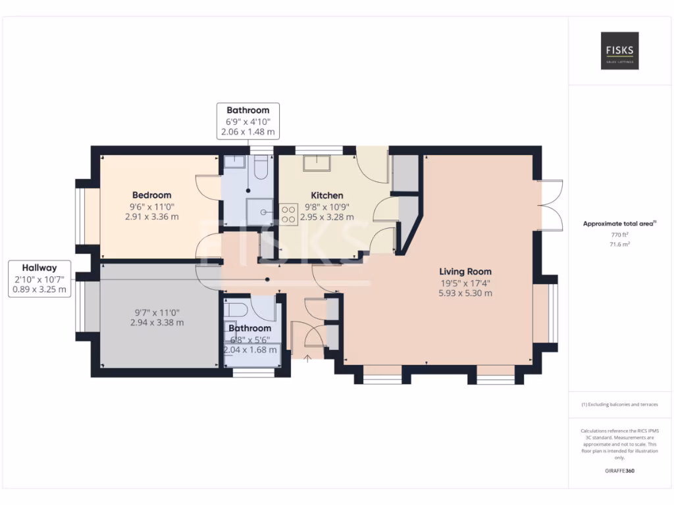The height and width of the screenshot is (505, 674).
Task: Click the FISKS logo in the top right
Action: click(619, 51)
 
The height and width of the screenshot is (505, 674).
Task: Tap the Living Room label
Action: click(465, 272)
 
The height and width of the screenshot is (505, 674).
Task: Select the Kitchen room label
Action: click(326, 195)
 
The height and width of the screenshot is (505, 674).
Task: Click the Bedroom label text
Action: click(151, 195)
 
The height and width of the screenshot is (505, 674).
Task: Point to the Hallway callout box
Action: click(39, 278)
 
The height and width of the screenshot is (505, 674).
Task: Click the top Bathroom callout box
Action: click(248, 121)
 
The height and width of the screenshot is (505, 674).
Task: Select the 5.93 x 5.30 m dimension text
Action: click(465, 293)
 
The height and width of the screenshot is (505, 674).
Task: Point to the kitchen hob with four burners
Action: click(288, 214)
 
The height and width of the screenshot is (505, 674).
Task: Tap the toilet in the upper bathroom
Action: click(261, 168)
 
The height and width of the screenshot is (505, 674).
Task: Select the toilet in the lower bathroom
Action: click(236, 308)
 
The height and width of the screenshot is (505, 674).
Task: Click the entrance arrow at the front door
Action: click(307, 358)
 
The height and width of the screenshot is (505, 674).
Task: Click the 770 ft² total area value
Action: click(619, 234)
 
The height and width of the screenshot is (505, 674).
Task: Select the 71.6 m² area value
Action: click(619, 244)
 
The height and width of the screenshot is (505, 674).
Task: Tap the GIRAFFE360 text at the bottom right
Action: click(619, 471)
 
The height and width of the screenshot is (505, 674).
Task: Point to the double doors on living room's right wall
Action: click(549, 204)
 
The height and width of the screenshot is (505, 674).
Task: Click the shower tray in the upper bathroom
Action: click(262, 212)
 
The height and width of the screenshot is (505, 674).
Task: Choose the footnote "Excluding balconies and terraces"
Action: click(619, 404)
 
